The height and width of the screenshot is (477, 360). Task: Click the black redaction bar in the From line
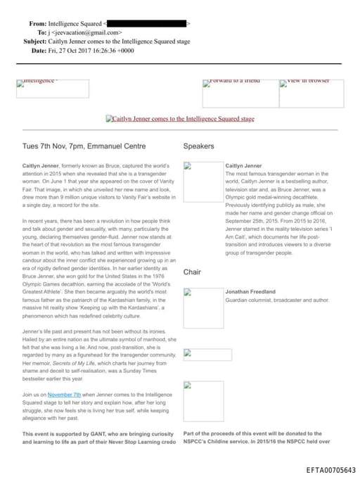point(146,24)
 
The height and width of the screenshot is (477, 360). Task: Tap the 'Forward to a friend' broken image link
point(231,82)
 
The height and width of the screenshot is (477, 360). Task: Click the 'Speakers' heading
point(198,146)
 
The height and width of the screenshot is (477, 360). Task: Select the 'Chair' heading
point(192,272)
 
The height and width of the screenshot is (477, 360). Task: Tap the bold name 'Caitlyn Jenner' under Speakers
point(243,166)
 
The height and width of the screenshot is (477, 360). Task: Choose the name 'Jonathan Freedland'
point(250,291)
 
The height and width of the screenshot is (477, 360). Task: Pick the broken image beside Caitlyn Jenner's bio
point(202,181)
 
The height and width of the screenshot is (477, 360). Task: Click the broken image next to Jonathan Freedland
point(202,307)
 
